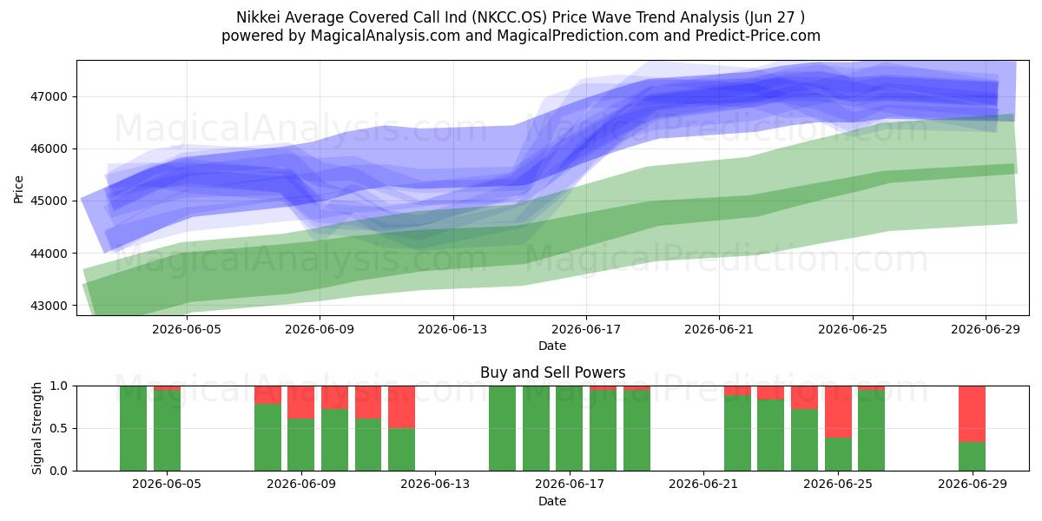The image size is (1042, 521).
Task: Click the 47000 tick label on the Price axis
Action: [x=49, y=96]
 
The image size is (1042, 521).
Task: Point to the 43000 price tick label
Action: [x=49, y=306]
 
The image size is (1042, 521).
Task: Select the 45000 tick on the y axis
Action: [x=49, y=201]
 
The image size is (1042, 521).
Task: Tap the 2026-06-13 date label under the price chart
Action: [x=452, y=329]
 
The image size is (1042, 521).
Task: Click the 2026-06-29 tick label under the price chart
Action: [x=986, y=329]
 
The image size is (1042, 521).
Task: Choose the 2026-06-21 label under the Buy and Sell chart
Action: [x=703, y=484]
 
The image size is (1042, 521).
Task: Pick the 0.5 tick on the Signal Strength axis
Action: [x=59, y=428]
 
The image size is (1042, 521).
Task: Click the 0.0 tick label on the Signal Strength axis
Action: [x=59, y=471]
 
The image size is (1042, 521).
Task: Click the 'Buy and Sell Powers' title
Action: [x=552, y=373]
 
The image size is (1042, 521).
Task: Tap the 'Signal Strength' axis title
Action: [x=36, y=428]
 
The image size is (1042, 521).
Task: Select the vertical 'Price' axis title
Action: [x=18, y=189]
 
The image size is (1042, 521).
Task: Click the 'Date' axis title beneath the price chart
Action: [x=552, y=346]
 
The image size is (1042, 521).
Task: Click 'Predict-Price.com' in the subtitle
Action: [x=758, y=36]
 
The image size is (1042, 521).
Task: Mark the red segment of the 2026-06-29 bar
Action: [x=972, y=414]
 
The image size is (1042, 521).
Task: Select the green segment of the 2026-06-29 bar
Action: [x=972, y=457]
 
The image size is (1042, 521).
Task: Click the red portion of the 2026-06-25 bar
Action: [x=838, y=412]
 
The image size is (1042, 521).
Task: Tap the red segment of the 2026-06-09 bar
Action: [x=300, y=402]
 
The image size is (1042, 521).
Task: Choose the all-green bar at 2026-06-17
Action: [x=569, y=428]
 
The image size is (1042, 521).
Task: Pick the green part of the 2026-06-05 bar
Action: [x=167, y=431]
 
